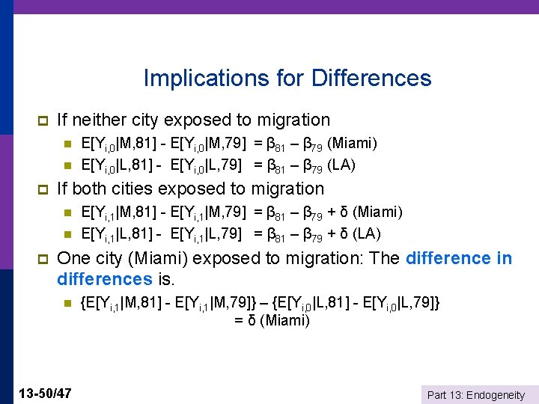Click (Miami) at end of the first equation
[353, 143]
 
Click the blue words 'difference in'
[459, 259]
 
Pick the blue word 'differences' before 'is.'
[104, 280]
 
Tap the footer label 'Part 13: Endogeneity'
[475, 394]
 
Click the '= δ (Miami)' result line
[272, 321]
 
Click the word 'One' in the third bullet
[73, 259]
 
